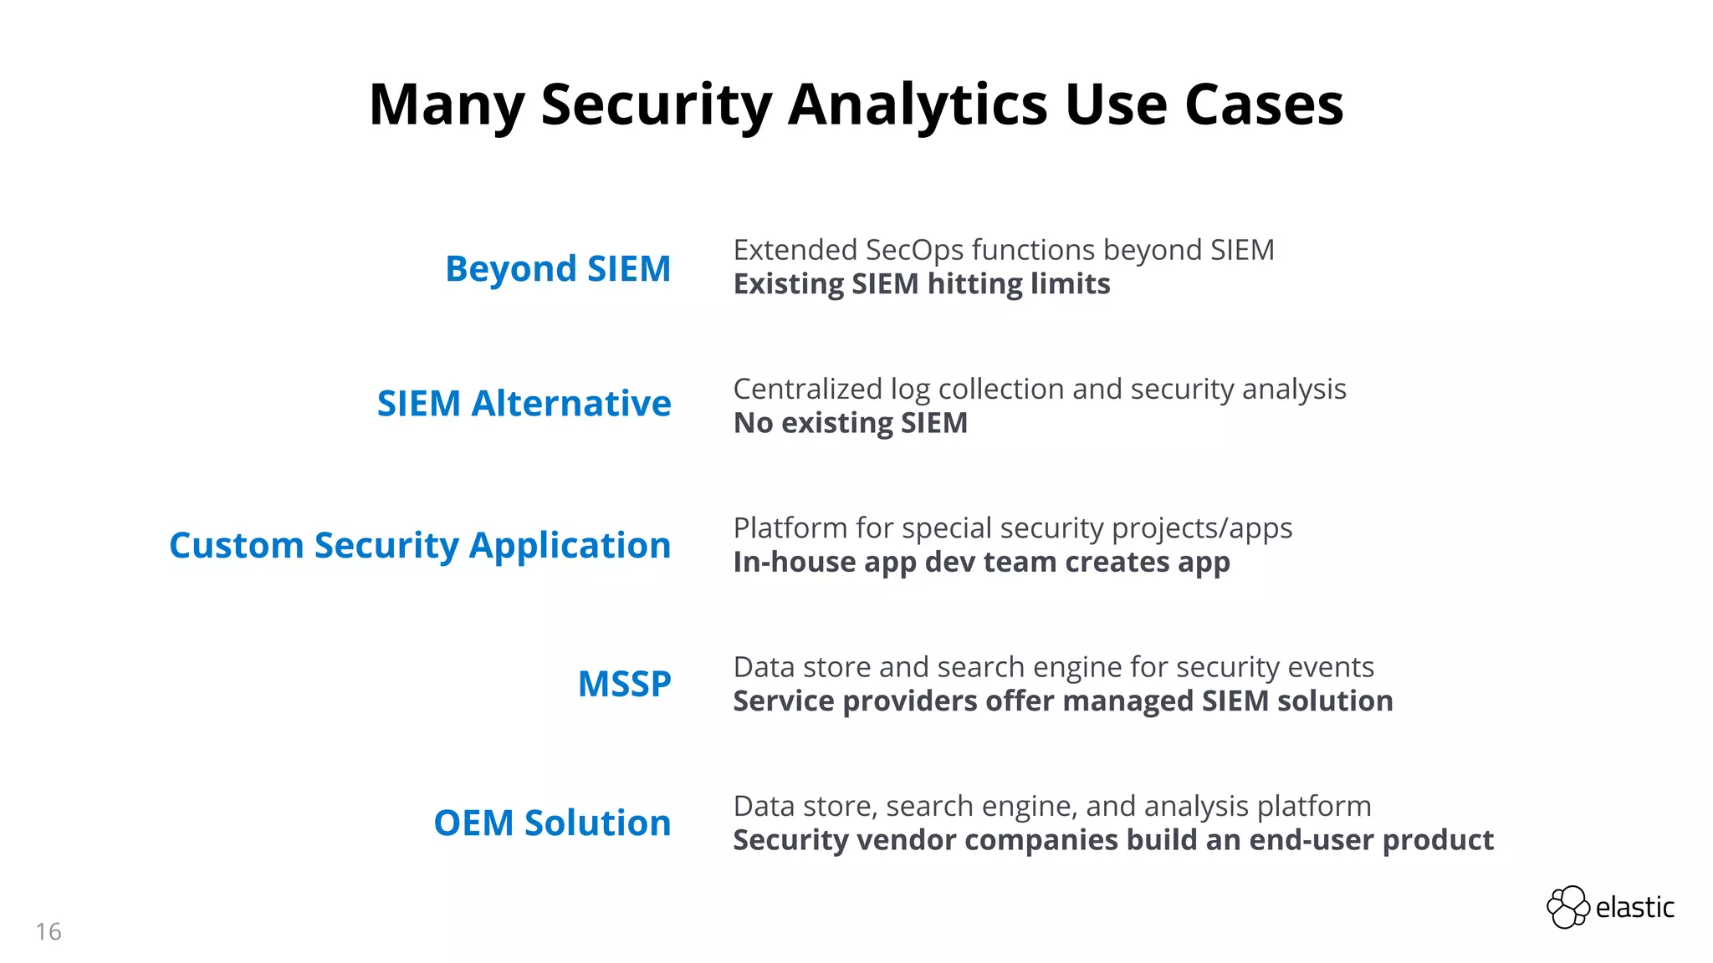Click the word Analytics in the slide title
(918, 105)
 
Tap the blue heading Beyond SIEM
(558, 269)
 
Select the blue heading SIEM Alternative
(524, 404)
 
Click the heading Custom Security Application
(420, 546)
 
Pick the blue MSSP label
(624, 685)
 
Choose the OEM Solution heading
(552, 823)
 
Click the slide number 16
(49, 931)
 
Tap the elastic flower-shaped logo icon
(1567, 907)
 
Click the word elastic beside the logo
(1634, 908)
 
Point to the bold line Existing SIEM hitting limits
(922, 284)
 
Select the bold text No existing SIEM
(850, 423)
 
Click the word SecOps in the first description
(914, 251)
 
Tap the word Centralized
(807, 390)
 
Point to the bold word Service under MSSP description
(784, 701)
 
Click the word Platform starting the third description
(790, 529)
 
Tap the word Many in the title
(447, 105)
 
